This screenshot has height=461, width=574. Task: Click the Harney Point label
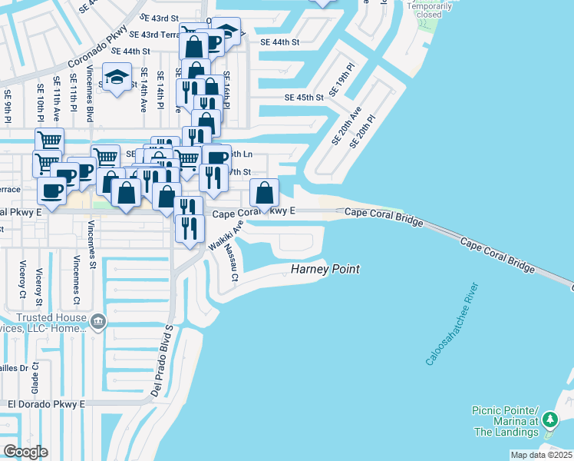coord(325,270)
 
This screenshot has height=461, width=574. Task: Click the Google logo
coord(25,451)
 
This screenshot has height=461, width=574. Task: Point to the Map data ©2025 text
coord(540,455)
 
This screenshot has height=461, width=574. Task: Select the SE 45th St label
coord(305,98)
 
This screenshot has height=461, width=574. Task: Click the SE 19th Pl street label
coord(341,80)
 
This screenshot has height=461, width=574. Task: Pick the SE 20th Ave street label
coord(345,127)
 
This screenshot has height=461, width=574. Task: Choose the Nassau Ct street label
coord(230,266)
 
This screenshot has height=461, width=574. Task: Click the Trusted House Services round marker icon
coord(97,320)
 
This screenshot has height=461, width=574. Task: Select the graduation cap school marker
coord(117,77)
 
